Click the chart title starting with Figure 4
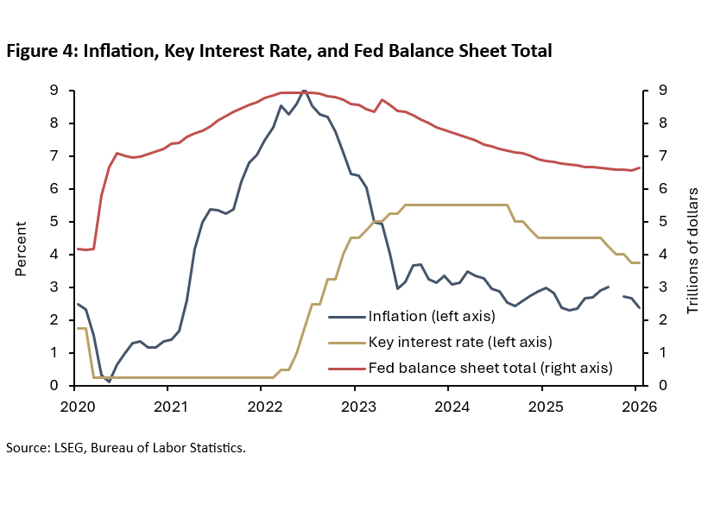click(x=278, y=51)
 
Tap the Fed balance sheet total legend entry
click(x=490, y=367)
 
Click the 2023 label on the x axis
click(x=355, y=404)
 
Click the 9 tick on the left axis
click(x=54, y=90)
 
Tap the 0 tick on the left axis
click(x=54, y=385)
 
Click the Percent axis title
click(x=22, y=247)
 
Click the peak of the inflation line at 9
click(x=304, y=91)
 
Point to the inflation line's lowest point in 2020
click(x=109, y=381)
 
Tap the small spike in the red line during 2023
click(x=382, y=100)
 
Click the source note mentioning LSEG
click(x=125, y=448)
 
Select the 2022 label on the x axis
click(x=262, y=404)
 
